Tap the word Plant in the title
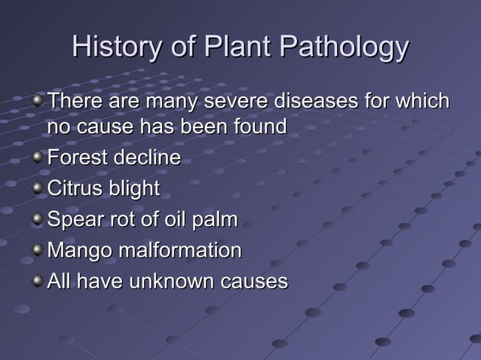click(x=235, y=48)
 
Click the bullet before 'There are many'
click(x=38, y=99)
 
